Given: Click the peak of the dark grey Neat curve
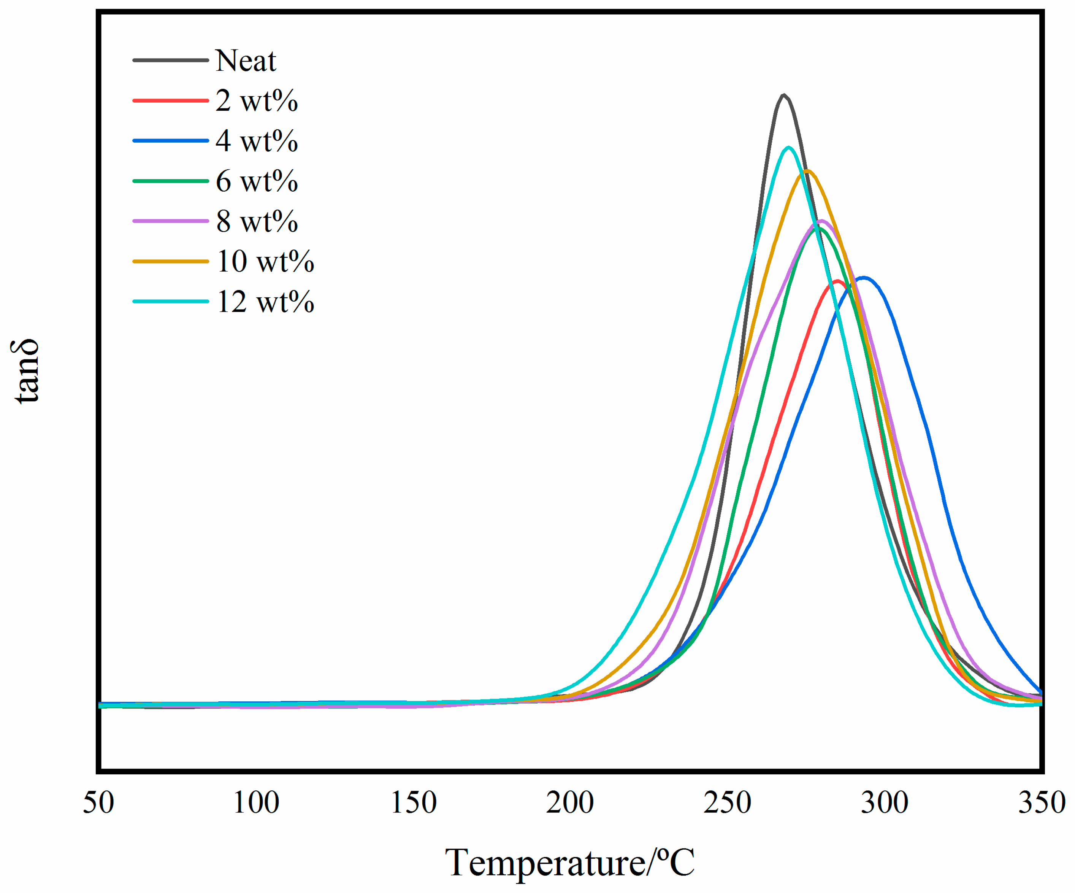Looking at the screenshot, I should pos(783,95).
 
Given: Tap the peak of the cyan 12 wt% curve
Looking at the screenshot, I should pos(789,148).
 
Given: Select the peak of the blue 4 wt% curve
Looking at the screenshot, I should pos(864,278).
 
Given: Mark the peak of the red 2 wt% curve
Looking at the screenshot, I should pos(837,281).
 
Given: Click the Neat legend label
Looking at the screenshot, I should pos(245,60).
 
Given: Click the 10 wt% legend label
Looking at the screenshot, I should pos(265,261).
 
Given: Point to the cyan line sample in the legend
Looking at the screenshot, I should pos(170,302).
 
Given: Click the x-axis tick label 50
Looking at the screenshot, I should pos(98,803).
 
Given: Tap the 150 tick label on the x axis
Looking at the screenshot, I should pos(413,803).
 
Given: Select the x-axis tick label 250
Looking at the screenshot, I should pos(728,803).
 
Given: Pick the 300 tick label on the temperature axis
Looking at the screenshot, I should pos(885,803).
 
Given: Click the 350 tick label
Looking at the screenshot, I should pos(1041,803).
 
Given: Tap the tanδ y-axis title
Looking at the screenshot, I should pos(25,371).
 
